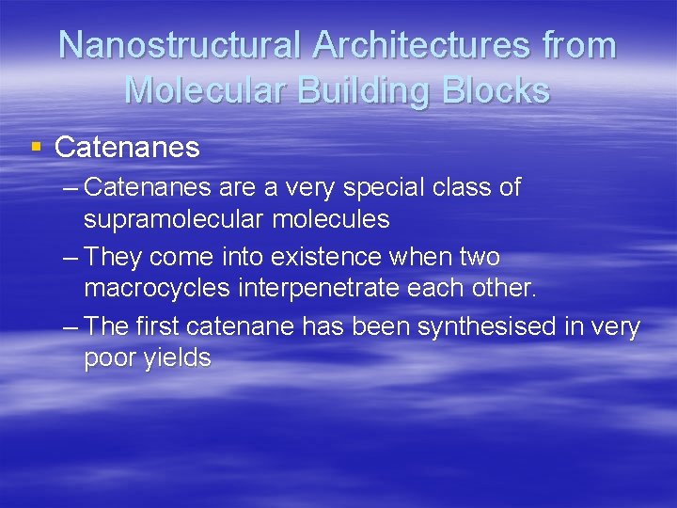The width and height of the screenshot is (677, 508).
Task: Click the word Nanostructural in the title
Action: click(179, 45)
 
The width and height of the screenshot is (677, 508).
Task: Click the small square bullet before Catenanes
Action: click(37, 147)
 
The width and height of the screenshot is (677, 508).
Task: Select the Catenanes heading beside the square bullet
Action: click(127, 148)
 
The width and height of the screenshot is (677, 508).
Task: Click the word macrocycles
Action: click(157, 288)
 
